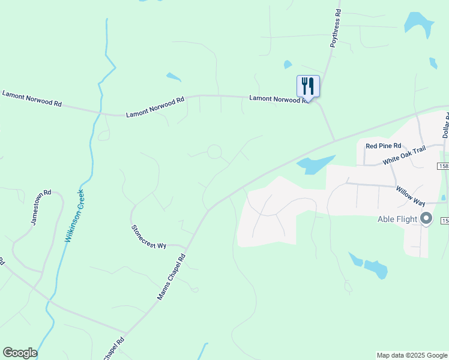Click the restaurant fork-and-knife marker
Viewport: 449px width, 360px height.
click(308, 86)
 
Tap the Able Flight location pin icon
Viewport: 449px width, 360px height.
click(426, 218)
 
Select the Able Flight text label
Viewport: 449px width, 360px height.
click(397, 219)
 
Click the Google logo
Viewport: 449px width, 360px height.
click(20, 353)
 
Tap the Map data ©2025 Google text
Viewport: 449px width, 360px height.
click(412, 355)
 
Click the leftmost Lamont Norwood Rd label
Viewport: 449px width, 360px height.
click(32, 99)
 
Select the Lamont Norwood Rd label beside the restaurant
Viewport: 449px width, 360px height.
click(280, 98)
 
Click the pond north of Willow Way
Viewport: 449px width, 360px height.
click(315, 164)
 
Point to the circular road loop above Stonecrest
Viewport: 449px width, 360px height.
click(214, 152)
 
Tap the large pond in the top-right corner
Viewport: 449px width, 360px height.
click(418, 23)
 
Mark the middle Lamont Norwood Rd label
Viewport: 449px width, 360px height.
click(155, 108)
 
